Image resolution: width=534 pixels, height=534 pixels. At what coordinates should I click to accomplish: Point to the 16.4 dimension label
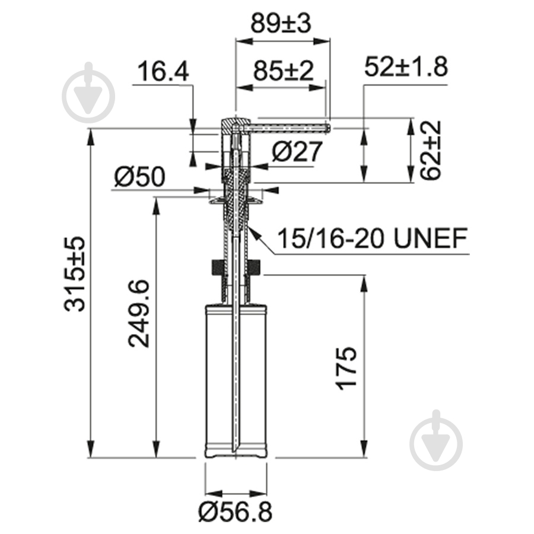[163, 72]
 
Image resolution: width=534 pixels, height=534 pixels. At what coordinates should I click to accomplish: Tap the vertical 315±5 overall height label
[75, 272]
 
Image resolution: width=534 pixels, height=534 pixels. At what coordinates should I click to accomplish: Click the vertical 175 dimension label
[347, 368]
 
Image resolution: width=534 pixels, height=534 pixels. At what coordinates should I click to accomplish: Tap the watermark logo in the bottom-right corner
[436, 440]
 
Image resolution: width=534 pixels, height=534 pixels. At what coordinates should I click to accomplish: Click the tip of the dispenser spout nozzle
[328, 126]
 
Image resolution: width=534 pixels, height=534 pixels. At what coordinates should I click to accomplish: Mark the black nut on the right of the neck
[256, 268]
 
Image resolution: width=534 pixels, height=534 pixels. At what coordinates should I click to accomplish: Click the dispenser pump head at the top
[235, 125]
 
